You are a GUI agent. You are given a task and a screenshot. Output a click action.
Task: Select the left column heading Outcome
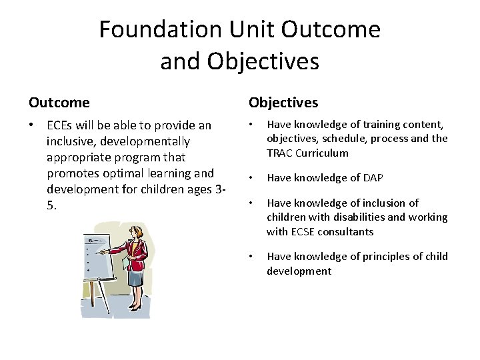tap(59, 103)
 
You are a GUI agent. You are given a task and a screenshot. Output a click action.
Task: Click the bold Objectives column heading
tap(283, 103)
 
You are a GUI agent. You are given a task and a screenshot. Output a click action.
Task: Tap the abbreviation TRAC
tap(280, 153)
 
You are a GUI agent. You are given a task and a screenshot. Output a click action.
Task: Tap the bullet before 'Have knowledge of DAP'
tap(251, 178)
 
